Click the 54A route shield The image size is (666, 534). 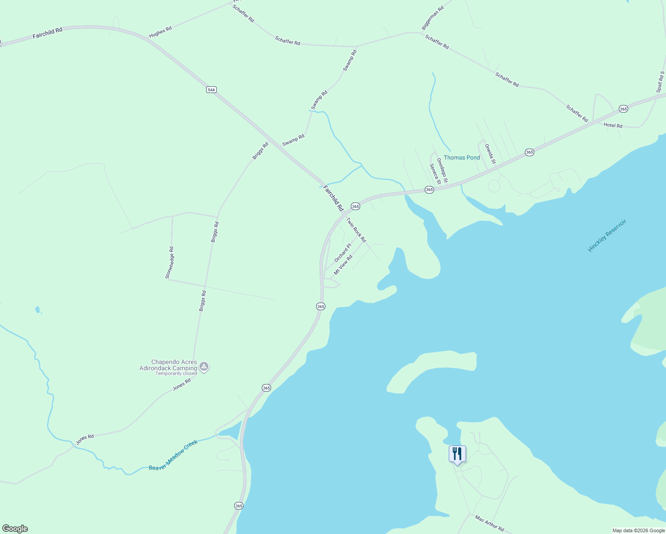tap(211, 90)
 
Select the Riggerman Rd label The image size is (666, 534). tap(433, 18)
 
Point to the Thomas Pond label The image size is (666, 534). tap(462, 158)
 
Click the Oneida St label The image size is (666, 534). tap(490, 154)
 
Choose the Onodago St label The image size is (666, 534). tap(442, 170)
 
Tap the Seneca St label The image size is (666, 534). tap(435, 174)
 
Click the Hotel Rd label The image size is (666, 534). tap(613, 125)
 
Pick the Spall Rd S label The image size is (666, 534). tap(660, 82)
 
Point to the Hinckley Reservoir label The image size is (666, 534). tap(607, 235)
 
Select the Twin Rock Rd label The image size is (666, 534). tap(356, 230)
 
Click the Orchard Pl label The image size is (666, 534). tap(343, 253)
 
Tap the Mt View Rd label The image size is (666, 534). tap(343, 264)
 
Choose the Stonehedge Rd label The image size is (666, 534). tap(169, 263)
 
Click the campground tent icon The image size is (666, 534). tap(204, 367)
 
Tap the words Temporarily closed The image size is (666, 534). tap(176, 373)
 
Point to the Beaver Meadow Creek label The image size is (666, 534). tap(173, 455)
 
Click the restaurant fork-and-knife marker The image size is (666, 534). tap(457, 454)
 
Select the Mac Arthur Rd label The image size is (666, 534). tap(489, 523)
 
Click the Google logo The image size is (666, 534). tap(15, 529)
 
